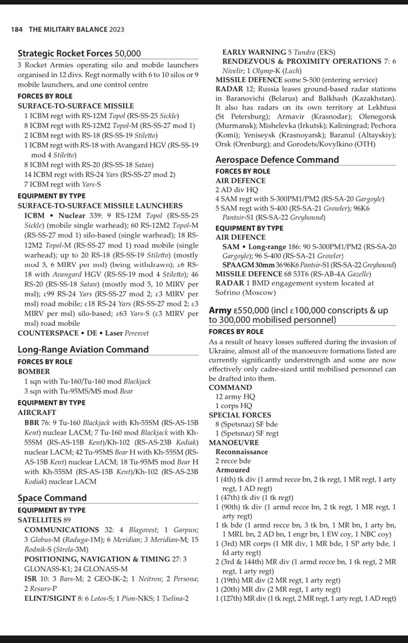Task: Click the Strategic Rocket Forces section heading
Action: click(x=79, y=53)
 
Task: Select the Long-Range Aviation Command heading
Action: click(x=83, y=349)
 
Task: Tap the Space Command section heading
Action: click(x=52, y=498)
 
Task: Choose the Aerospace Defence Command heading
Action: click(x=277, y=160)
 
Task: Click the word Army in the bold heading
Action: click(x=220, y=310)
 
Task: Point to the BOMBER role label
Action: click(x=34, y=372)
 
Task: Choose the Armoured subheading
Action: click(x=232, y=470)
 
